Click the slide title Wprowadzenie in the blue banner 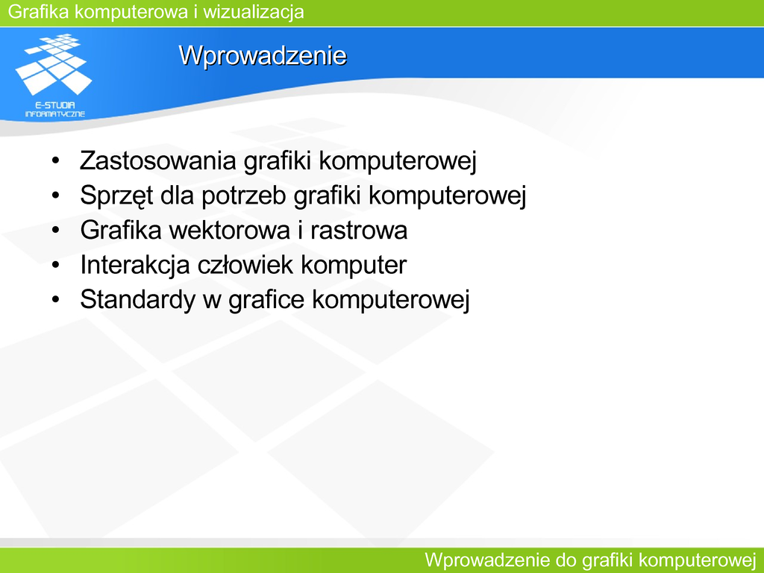point(263,55)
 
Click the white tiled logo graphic point(54,64)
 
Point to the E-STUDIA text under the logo point(55,104)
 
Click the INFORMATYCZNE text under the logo point(55,114)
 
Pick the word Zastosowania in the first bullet point(158,160)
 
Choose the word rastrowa point(359,230)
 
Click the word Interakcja point(135,266)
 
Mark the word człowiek point(245,265)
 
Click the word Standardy point(137,300)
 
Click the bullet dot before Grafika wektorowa point(55,230)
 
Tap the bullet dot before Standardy point(55,299)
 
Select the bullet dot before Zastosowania point(55,160)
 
